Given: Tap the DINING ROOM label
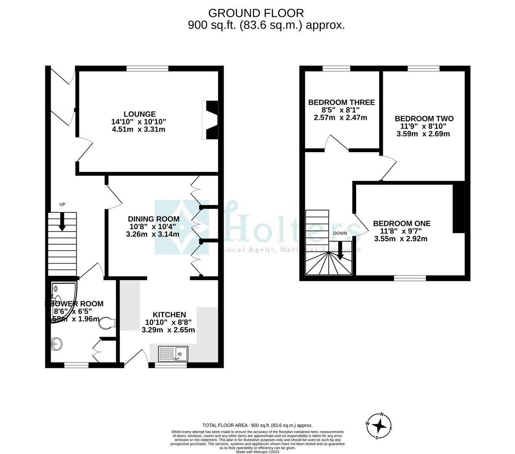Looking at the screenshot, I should [153, 219].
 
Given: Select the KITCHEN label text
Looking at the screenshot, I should [169, 314].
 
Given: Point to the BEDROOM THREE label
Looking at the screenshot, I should [341, 102].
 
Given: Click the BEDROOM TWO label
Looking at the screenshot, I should [424, 119].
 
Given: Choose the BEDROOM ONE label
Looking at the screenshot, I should [401, 223].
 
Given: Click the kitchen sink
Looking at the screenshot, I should [174, 354].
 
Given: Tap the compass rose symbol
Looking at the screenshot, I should [380, 426].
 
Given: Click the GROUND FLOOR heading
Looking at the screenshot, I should [256, 13].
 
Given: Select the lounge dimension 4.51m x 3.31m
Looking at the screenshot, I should [138, 129].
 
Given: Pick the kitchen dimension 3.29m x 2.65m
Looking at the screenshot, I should [168, 330].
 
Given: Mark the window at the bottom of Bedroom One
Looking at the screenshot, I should [409, 278].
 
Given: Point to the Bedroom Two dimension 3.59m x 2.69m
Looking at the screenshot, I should [423, 134].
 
